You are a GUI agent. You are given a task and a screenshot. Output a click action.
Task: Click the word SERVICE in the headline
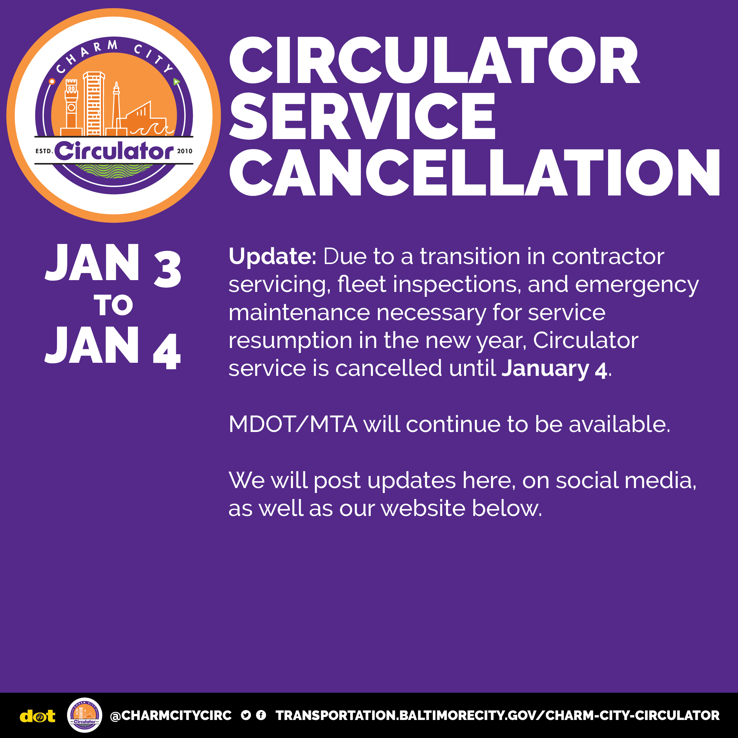362,116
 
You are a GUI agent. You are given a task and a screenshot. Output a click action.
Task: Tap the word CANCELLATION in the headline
474,172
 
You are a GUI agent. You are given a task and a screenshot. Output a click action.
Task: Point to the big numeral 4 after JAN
167,351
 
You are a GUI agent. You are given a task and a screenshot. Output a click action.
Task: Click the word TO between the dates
113,305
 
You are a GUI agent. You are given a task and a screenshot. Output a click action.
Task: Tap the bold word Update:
272,256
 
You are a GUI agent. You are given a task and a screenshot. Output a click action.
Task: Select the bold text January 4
554,369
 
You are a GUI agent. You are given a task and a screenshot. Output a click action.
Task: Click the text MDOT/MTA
293,424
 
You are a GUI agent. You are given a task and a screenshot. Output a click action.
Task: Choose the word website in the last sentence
423,508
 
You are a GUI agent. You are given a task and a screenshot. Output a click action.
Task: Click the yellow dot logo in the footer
37,716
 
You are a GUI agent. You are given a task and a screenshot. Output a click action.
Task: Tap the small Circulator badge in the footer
84,715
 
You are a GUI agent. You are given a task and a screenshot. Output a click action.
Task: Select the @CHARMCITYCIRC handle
171,715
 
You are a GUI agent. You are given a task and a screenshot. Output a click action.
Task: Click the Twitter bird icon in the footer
246,715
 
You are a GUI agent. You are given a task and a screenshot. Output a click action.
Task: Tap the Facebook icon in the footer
261,715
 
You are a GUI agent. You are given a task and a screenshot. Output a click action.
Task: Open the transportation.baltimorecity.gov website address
497,715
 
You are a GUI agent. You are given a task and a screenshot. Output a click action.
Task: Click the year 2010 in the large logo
185,151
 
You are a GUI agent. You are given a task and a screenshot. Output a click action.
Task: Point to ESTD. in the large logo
44,151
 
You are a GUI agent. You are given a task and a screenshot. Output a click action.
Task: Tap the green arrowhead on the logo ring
176,82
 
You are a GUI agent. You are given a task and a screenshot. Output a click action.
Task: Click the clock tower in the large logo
72,107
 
